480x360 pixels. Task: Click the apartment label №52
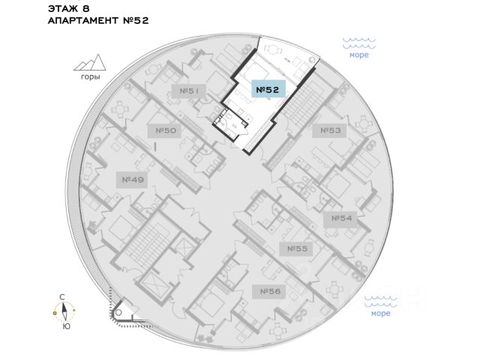(268, 90)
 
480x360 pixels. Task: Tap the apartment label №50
(166, 130)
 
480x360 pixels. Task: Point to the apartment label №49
(132, 179)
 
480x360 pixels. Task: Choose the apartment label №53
(331, 130)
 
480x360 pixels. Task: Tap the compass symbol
(66, 311)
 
